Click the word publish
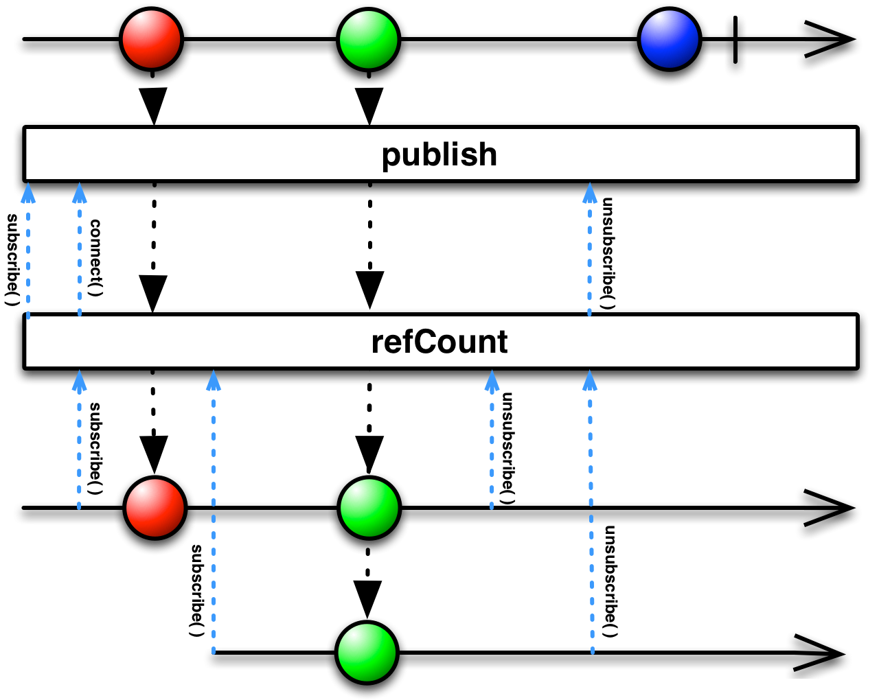[439, 154]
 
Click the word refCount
[439, 342]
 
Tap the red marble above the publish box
[152, 39]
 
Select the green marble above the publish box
[369, 39]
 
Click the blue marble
[670, 39]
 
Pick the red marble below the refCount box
[155, 508]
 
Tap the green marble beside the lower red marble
[369, 508]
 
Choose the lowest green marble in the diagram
[367, 652]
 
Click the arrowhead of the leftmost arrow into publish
[28, 193]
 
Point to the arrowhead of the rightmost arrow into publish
[590, 193]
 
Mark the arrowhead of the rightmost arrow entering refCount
[590, 380]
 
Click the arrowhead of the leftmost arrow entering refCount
[80, 380]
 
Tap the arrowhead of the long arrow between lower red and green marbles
[214, 380]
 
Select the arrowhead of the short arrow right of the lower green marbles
[492, 380]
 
